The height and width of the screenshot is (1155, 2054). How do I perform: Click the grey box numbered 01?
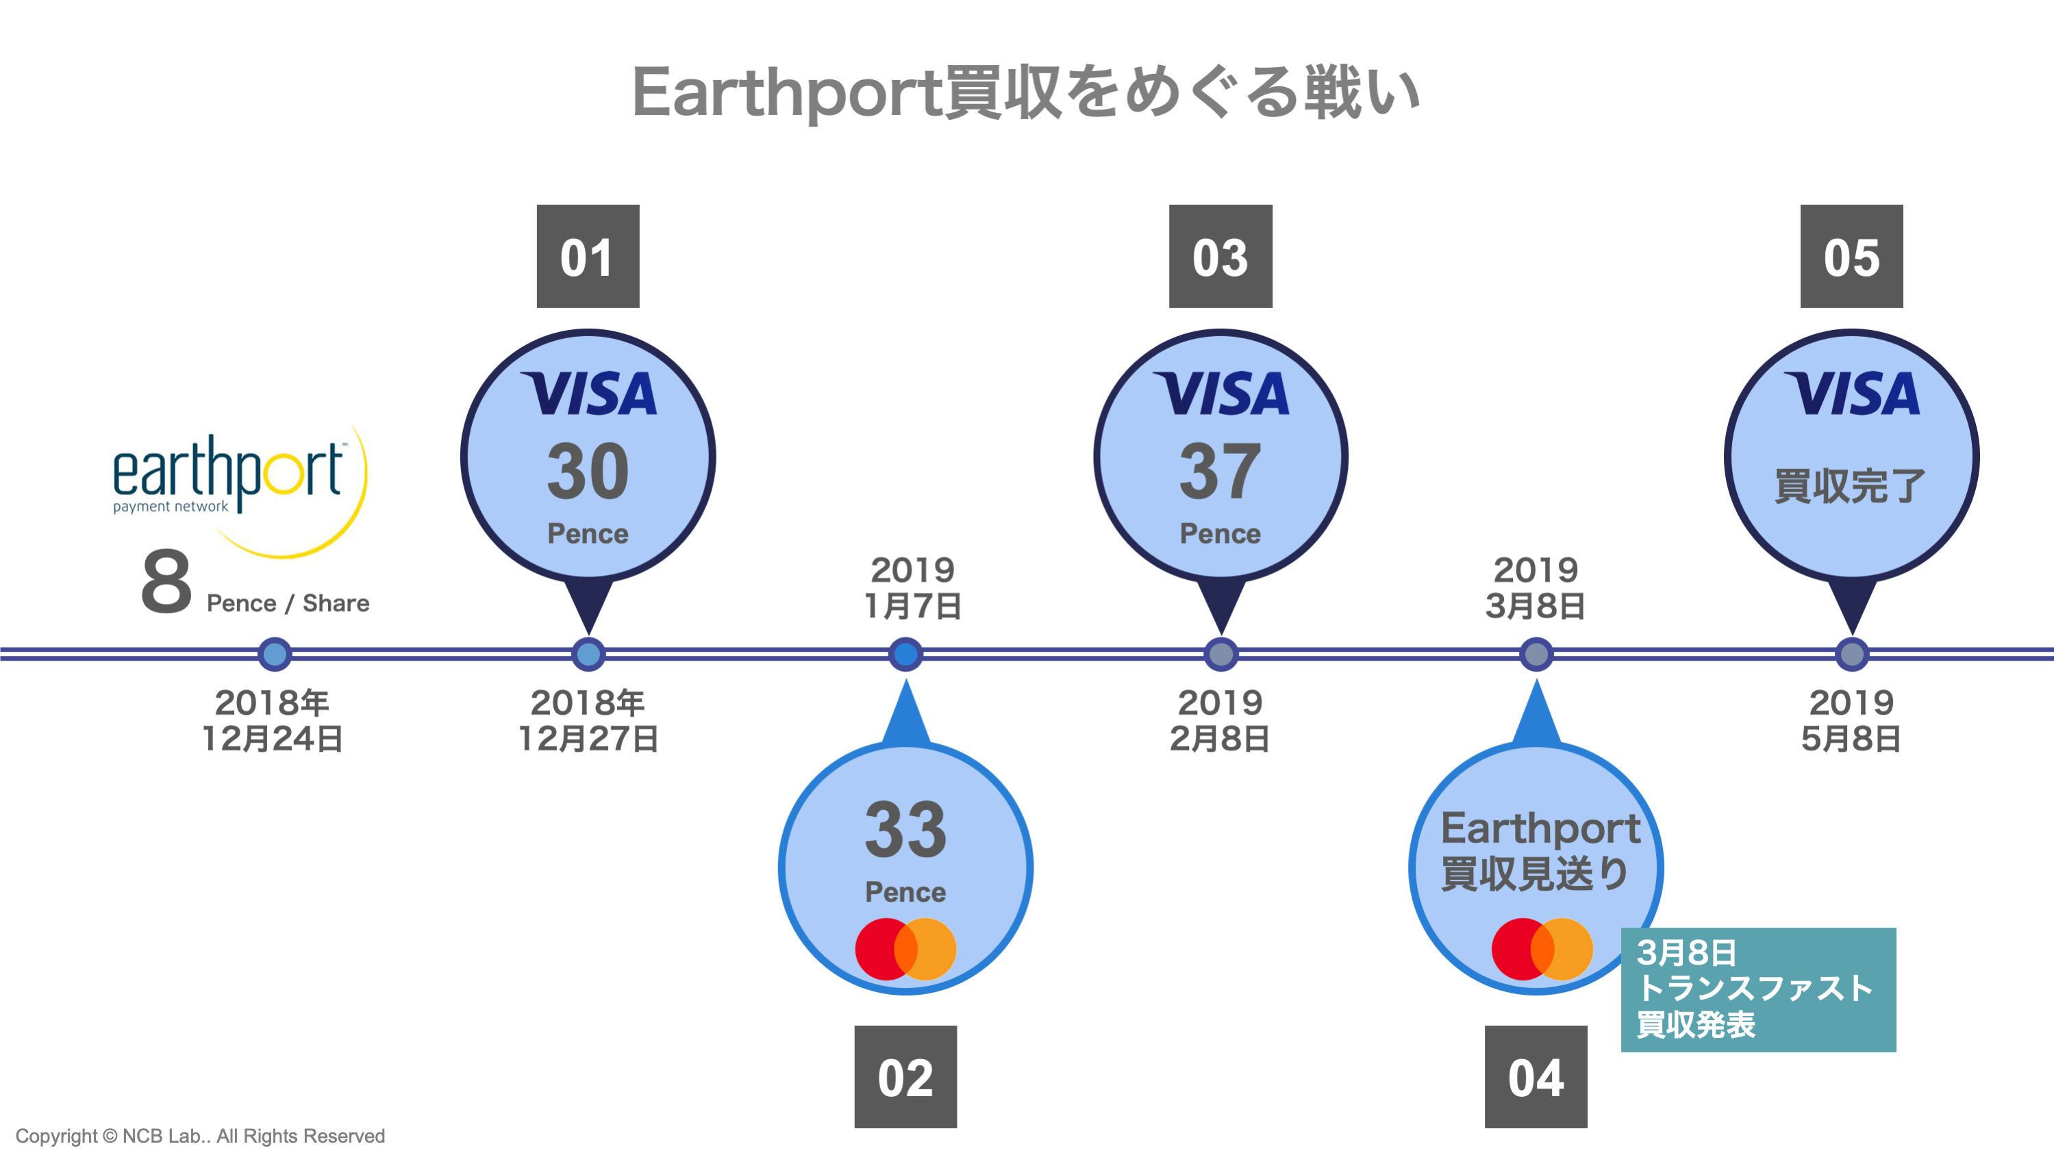[588, 257]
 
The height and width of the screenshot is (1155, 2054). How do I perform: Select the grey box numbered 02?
[905, 1077]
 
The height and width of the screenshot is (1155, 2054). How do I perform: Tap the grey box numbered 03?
[1220, 257]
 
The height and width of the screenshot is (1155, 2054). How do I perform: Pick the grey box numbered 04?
[1535, 1077]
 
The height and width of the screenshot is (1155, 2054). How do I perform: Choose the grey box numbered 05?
[1851, 257]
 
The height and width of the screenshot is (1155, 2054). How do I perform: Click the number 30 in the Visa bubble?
[588, 472]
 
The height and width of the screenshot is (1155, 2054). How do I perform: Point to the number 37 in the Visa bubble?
[1220, 472]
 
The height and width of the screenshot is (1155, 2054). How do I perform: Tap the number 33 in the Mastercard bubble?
[905, 830]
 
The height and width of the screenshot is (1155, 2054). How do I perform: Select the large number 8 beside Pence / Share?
[166, 583]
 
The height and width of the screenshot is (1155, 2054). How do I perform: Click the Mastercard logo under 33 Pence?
[905, 948]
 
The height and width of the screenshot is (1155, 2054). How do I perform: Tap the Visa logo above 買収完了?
[1851, 394]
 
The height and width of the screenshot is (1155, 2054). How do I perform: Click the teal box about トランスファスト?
[1757, 989]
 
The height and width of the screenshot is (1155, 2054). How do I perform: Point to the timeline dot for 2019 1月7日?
[905, 655]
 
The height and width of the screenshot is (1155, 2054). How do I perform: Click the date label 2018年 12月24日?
[272, 720]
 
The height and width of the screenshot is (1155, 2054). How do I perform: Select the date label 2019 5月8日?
[1851, 720]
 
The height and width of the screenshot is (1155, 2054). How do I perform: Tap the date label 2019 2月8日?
[1220, 720]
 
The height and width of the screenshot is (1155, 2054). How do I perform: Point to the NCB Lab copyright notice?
[200, 1136]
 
